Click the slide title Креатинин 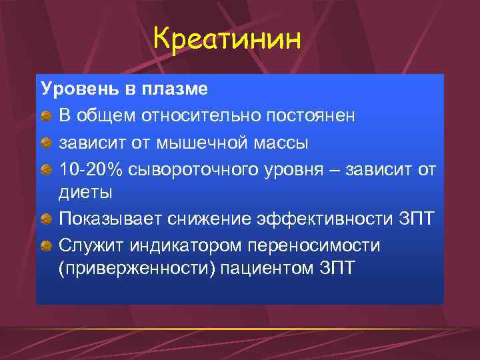tap(227, 39)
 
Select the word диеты tap(86, 193)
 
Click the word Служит tap(87, 245)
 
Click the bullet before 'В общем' tap(47, 116)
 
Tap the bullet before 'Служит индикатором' tap(47, 246)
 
